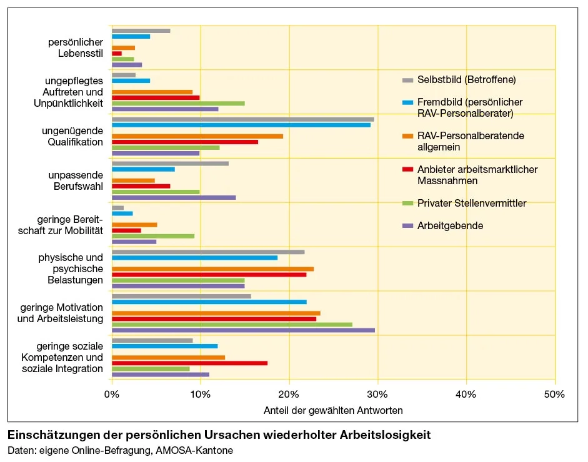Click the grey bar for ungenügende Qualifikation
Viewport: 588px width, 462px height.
[x=242, y=119]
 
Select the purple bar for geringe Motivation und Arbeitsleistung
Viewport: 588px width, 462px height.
[x=243, y=330]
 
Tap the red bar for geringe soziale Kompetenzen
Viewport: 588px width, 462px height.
[x=189, y=363]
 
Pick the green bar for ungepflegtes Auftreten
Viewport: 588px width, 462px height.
[x=178, y=104]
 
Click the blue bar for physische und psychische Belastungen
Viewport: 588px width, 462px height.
[x=194, y=257]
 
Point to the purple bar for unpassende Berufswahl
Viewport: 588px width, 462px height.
[x=174, y=197]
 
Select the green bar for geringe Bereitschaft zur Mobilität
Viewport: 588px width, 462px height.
[x=153, y=236]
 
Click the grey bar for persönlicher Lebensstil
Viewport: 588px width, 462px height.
[x=141, y=31]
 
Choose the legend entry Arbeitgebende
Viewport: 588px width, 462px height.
[x=450, y=226]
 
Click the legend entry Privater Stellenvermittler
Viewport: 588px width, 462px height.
[x=471, y=203]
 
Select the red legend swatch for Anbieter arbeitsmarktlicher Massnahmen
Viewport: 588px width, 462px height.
[x=407, y=169]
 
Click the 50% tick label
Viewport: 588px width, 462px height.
[x=554, y=395]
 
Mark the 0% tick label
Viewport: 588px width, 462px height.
[x=112, y=395]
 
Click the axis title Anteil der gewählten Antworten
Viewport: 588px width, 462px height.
[x=333, y=411]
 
